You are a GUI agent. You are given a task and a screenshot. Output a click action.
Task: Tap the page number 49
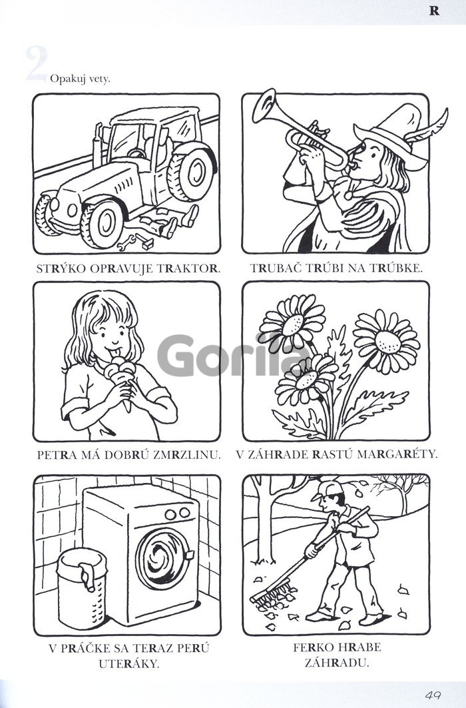tap(433, 695)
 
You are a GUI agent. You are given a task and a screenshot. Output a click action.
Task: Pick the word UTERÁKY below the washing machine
tap(129, 664)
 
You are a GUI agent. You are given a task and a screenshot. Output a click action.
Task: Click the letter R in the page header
tap(434, 11)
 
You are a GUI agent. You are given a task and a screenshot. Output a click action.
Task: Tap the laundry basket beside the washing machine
tap(82, 589)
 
